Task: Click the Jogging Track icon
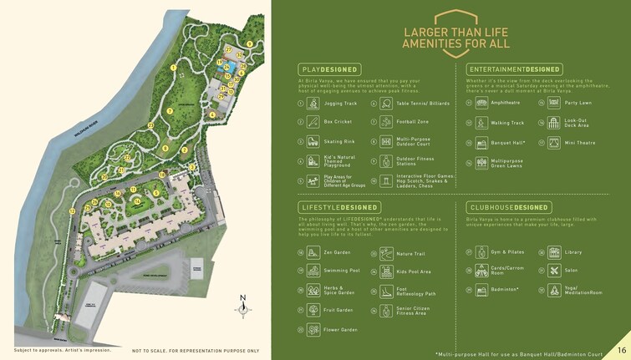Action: (x=313, y=104)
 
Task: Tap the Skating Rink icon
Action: (x=313, y=142)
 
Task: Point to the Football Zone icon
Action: (x=386, y=122)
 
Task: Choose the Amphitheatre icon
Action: (x=481, y=103)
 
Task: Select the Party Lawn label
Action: (x=578, y=103)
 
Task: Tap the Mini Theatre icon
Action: (x=553, y=143)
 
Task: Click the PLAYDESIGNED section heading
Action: (x=328, y=69)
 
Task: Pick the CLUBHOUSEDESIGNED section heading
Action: (x=508, y=207)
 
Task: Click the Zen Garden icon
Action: (x=313, y=252)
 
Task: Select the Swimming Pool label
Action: (x=343, y=271)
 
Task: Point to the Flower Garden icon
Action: (x=313, y=330)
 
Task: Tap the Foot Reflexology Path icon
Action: (x=386, y=292)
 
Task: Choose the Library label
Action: (x=573, y=251)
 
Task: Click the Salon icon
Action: (x=553, y=271)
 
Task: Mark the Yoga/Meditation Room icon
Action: (x=553, y=291)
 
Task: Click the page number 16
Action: (x=622, y=349)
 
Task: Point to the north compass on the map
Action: (x=243, y=307)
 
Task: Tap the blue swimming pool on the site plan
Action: (x=227, y=67)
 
